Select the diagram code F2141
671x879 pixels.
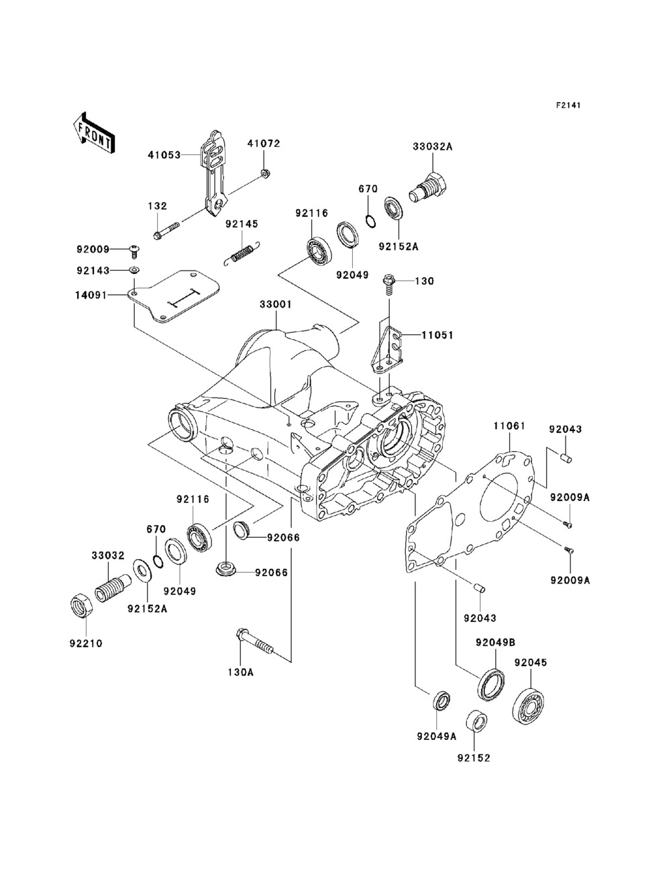pyautogui.click(x=568, y=105)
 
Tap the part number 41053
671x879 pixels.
pyautogui.click(x=164, y=154)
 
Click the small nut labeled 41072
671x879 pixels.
pyautogui.click(x=264, y=173)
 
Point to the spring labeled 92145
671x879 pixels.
pyautogui.click(x=242, y=254)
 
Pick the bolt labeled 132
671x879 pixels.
pyautogui.click(x=164, y=232)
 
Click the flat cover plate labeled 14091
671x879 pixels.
pyautogui.click(x=174, y=296)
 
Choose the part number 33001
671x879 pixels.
pyautogui.click(x=276, y=304)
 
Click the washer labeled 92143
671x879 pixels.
pyautogui.click(x=134, y=270)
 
